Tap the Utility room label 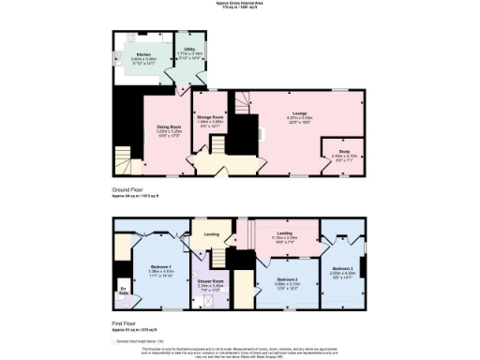tap(188, 52)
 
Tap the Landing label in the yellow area tap(211, 234)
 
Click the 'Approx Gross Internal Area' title tap(240, 4)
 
